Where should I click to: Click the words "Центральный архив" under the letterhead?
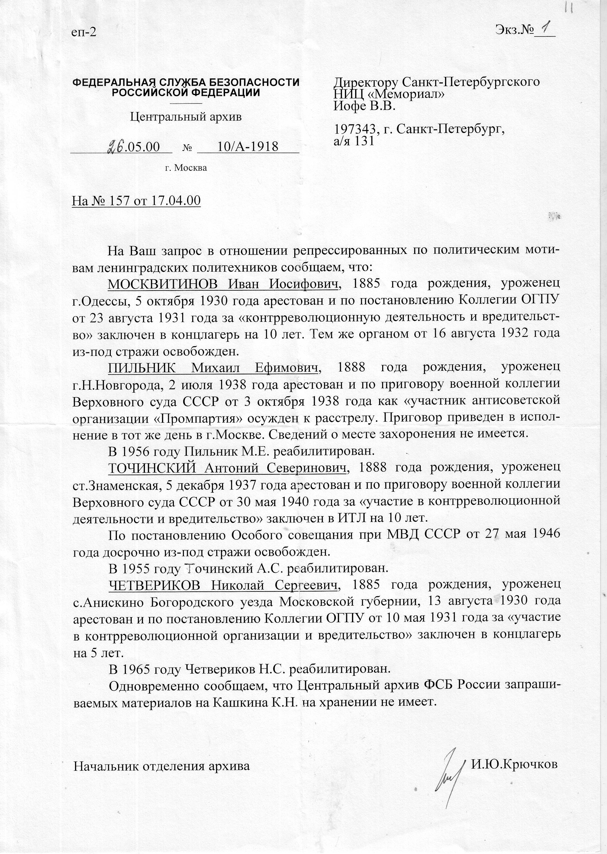pyautogui.click(x=186, y=117)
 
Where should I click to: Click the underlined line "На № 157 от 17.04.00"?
pyautogui.click(x=136, y=201)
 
